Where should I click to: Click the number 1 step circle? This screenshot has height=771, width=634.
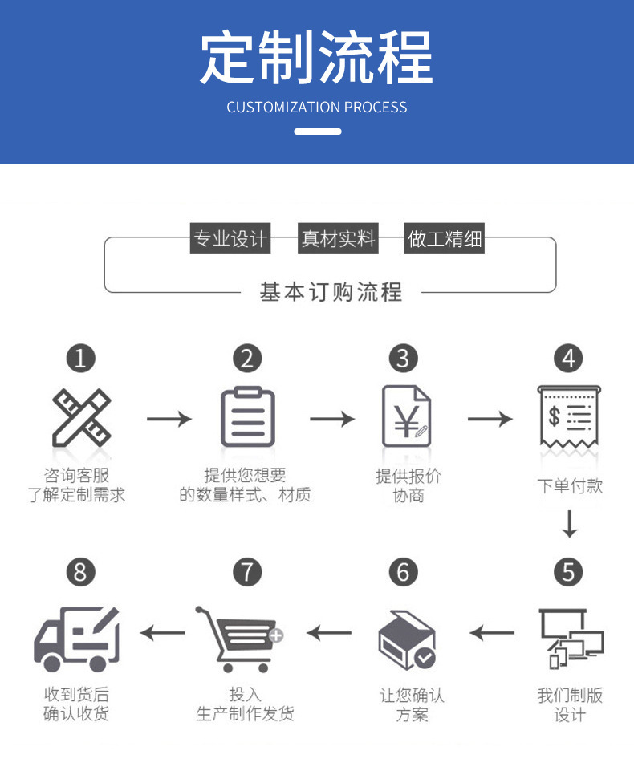[x=80, y=358]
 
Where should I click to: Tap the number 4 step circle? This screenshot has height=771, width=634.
[x=569, y=358]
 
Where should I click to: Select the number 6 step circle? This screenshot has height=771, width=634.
[x=404, y=572]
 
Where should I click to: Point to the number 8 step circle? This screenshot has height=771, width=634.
[x=80, y=572]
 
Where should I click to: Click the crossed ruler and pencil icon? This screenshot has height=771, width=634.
[x=80, y=418]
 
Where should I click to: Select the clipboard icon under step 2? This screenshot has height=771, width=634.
[x=247, y=416]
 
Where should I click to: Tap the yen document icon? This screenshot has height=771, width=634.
[x=405, y=416]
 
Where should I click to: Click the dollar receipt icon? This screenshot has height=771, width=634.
[x=569, y=418]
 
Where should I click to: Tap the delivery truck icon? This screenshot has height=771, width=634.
[x=77, y=639]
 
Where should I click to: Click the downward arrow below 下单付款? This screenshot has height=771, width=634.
[x=570, y=524]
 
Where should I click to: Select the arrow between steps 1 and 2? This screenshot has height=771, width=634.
[x=169, y=418]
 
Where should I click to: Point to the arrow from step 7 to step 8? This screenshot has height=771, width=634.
[x=162, y=633]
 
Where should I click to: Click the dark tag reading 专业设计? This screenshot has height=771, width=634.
[x=229, y=239]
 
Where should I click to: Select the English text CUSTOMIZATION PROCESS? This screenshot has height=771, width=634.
[x=317, y=108]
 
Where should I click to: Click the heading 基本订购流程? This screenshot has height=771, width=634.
[x=331, y=292]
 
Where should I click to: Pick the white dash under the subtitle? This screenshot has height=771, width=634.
[x=317, y=132]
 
